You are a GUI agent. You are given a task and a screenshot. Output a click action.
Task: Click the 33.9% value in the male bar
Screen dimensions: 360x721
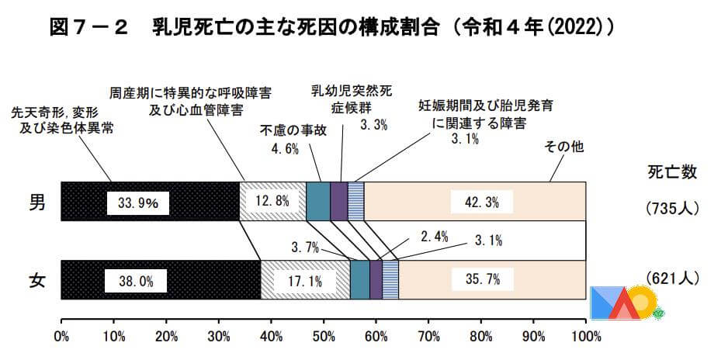[137, 203]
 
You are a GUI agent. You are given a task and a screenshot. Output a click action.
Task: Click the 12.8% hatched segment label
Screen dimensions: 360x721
[272, 202]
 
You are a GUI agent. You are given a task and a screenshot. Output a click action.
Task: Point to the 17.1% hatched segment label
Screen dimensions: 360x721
[304, 281]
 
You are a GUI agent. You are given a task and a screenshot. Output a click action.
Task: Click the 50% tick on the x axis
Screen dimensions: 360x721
[323, 337]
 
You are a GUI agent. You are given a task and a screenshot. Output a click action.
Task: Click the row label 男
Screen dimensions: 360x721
[36, 203]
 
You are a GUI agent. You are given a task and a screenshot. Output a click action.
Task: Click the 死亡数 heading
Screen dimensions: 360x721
[671, 172]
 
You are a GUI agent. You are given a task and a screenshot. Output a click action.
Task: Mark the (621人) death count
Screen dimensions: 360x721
[672, 278]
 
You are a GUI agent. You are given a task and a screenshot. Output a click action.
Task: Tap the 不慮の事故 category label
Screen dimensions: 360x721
[293, 130]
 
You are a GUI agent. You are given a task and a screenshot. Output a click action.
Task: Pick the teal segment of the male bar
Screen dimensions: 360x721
[318, 202]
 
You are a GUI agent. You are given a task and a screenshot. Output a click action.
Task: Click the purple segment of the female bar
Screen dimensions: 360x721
[376, 280]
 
